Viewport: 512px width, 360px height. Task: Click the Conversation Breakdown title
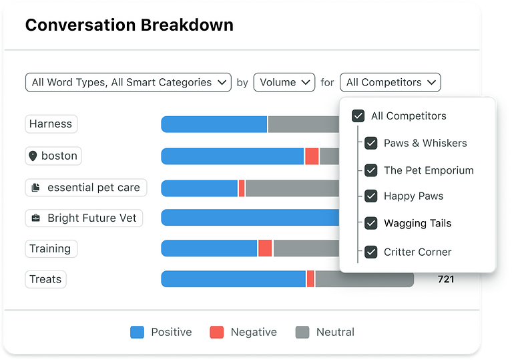129,25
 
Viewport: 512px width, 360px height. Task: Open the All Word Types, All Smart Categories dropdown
128,82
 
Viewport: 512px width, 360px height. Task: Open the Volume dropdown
284,82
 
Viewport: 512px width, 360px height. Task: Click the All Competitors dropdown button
390,82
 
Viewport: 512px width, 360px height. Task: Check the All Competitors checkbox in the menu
358,116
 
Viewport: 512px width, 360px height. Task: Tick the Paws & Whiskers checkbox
371,143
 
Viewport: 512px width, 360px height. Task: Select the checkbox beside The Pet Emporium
371,170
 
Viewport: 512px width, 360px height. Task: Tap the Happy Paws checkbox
371,196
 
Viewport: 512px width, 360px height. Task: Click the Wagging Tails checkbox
371,223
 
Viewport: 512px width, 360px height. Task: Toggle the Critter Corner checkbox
371,252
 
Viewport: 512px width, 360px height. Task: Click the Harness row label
51,124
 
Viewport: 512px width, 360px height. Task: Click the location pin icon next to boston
33,156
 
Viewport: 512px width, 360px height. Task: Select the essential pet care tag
85,188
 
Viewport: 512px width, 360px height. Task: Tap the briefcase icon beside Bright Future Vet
35,218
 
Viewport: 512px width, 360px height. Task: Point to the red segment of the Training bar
265,248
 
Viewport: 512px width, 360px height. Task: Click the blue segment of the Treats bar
234,279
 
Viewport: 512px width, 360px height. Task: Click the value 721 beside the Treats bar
445,279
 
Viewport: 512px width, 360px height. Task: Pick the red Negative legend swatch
216,332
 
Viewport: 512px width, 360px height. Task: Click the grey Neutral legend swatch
302,332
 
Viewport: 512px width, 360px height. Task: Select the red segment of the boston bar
312,156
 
